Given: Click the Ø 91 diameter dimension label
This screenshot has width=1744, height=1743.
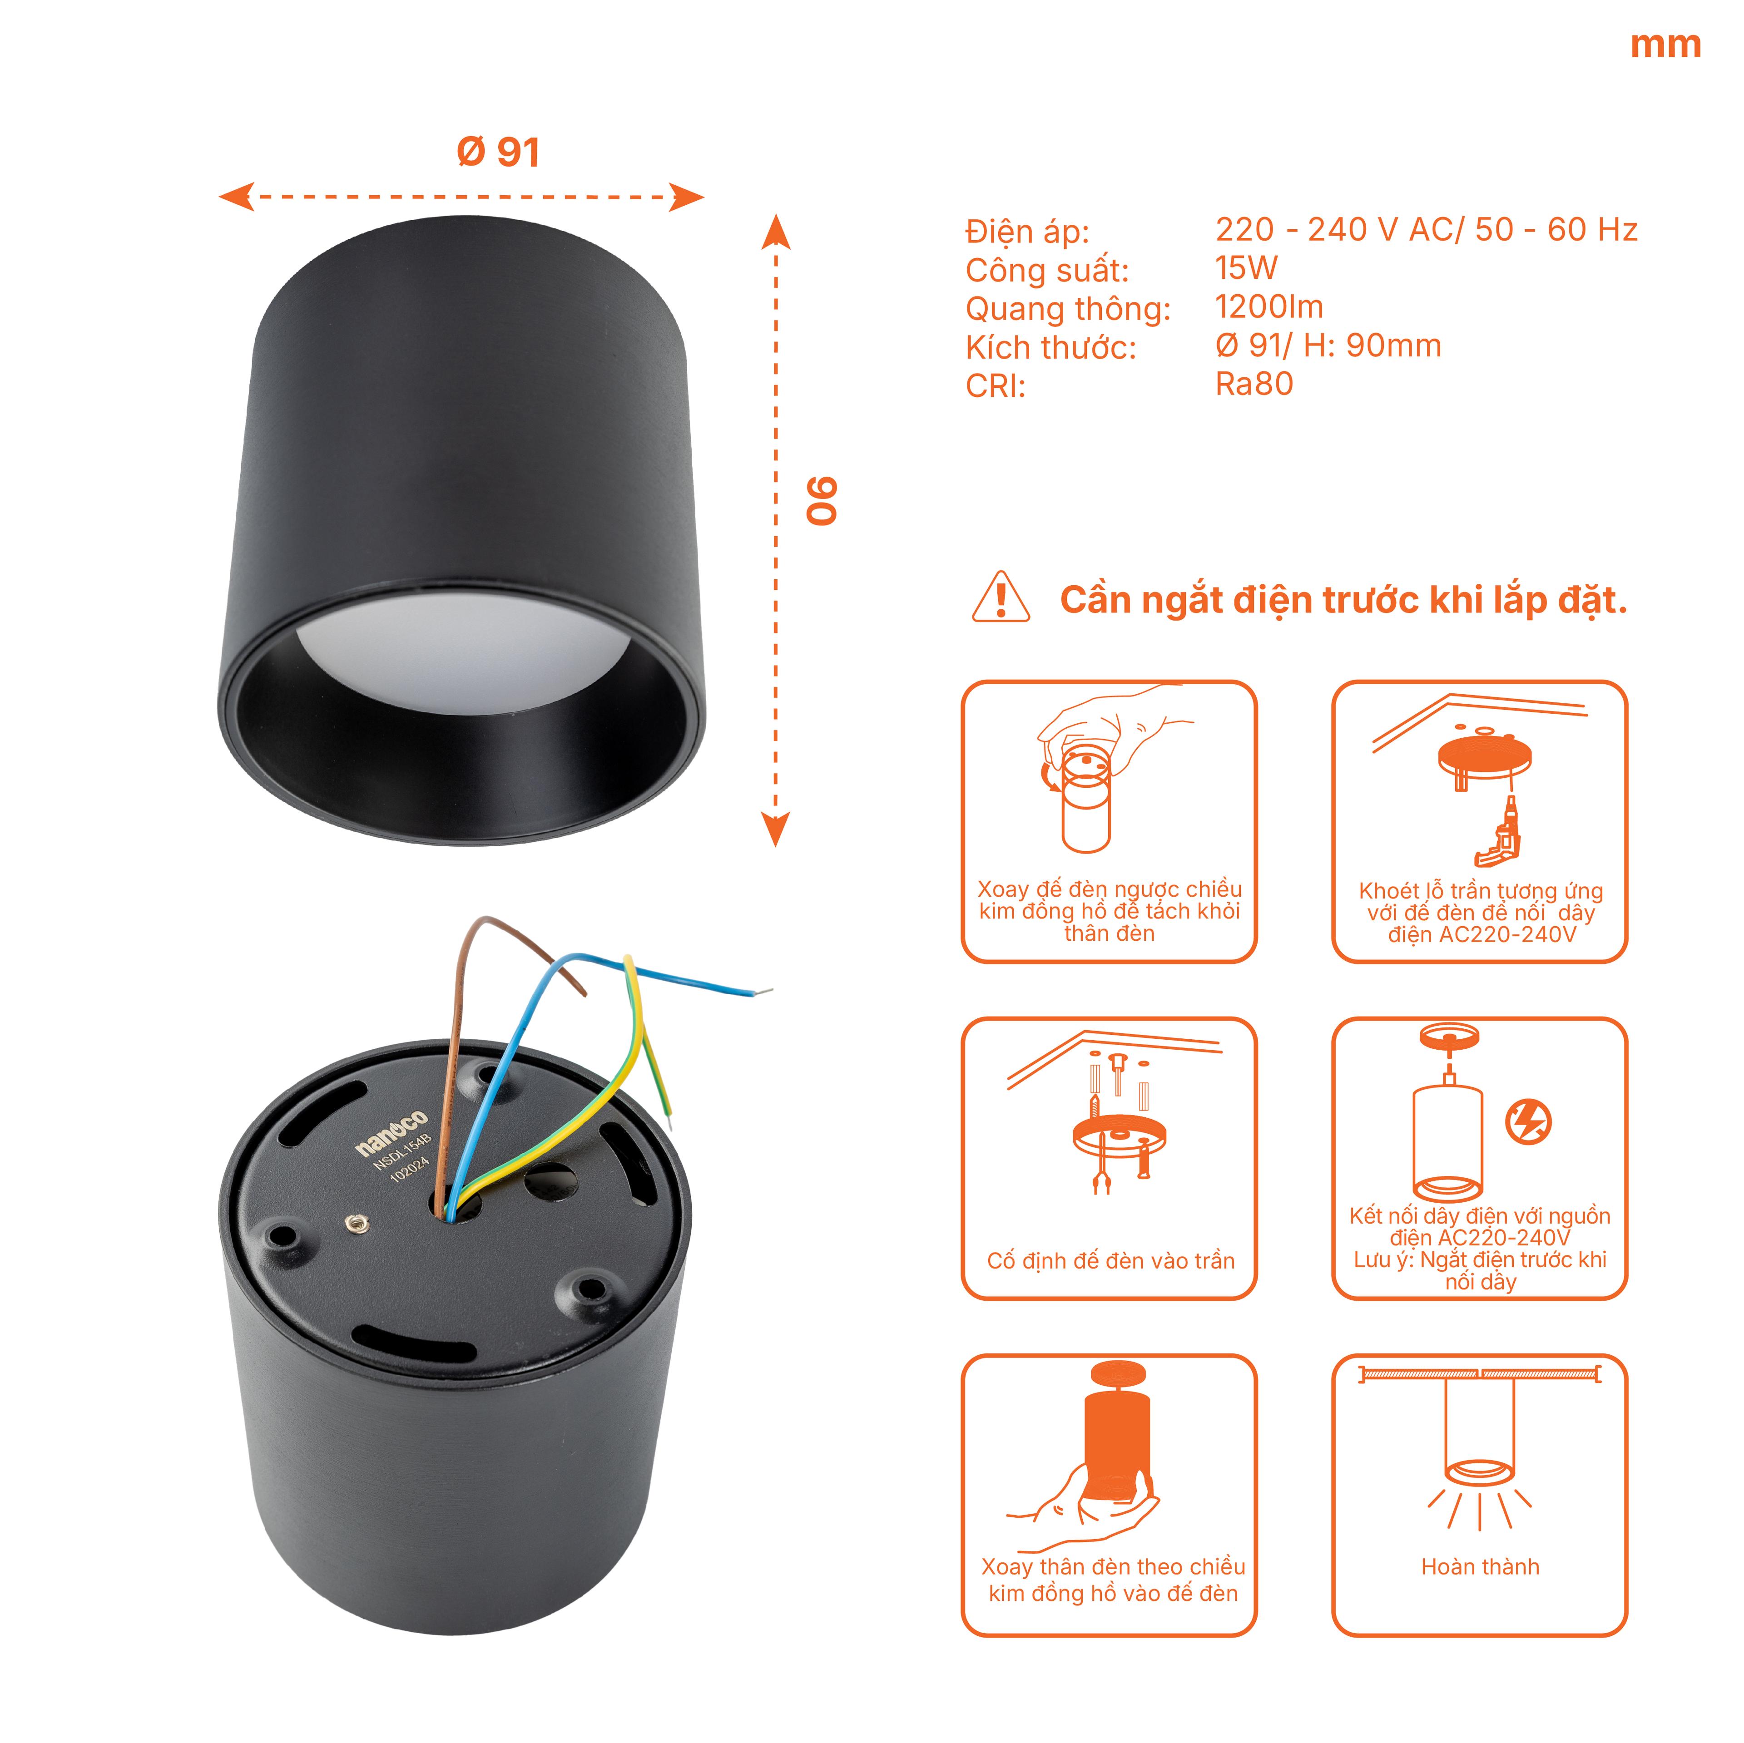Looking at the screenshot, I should pyautogui.click(x=498, y=152).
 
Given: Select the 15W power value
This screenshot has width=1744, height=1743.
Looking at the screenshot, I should pyautogui.click(x=1247, y=268).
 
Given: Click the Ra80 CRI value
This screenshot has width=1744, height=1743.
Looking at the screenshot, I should pyautogui.click(x=1254, y=384).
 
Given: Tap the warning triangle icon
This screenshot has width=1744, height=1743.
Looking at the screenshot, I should pyautogui.click(x=1000, y=597).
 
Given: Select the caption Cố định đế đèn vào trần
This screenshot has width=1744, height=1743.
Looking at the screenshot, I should pyautogui.click(x=1110, y=1261).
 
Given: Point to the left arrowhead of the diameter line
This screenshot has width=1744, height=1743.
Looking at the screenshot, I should pyautogui.click(x=237, y=197).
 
